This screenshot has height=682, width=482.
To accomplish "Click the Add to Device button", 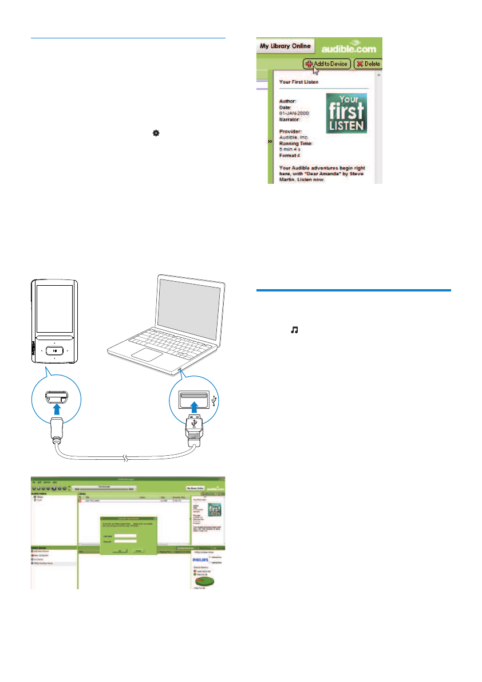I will [x=326, y=64].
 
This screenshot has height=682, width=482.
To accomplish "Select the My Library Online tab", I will [x=285, y=46].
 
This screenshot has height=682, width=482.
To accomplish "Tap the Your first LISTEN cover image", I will [x=346, y=114].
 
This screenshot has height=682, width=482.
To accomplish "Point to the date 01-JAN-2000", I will [x=294, y=113].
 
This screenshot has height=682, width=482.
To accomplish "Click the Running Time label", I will [x=297, y=143].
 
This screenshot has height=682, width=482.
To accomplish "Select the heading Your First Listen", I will [x=299, y=82].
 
